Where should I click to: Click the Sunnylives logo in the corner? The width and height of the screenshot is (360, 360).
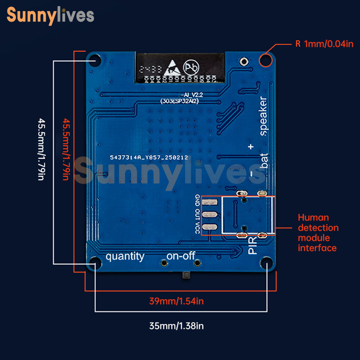[50, 15]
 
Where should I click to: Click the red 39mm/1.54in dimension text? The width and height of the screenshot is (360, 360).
[176, 301]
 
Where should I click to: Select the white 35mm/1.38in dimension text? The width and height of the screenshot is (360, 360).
[176, 326]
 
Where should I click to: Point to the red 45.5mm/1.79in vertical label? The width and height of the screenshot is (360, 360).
[66, 149]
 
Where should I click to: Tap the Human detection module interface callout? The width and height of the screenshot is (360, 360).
[318, 233]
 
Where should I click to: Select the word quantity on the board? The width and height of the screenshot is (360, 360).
[125, 256]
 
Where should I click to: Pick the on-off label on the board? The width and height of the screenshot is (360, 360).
[181, 256]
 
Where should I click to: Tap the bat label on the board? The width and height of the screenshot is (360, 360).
[264, 161]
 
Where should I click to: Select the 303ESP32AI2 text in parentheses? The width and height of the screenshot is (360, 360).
[180, 102]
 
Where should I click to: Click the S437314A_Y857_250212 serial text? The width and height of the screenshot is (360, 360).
[149, 157]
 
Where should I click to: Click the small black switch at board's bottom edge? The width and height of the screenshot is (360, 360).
[186, 275]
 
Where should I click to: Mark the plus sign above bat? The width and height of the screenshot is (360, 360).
[251, 147]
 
